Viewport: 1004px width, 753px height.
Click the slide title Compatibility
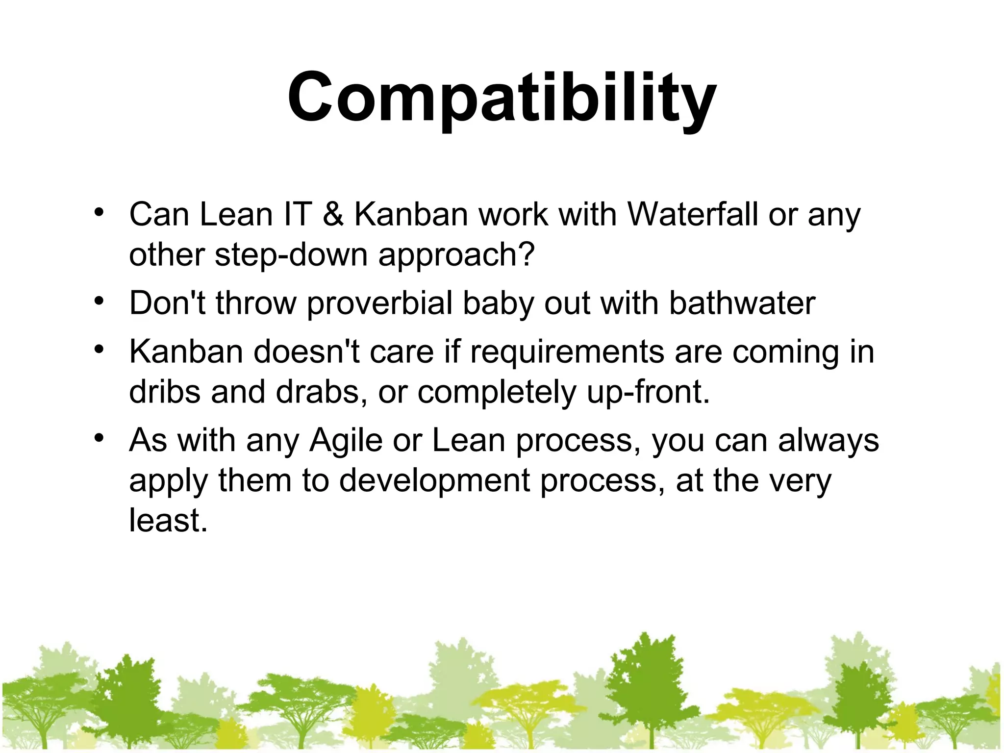pyautogui.click(x=502, y=98)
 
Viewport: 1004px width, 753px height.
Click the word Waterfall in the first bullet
pyautogui.click(x=693, y=215)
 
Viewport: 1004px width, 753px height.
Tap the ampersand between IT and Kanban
pyautogui.click(x=333, y=215)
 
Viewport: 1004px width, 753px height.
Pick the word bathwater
pyautogui.click(x=742, y=303)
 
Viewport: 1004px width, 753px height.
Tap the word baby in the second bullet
pyautogui.click(x=498, y=303)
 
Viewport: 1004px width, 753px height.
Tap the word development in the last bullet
pyautogui.click(x=434, y=480)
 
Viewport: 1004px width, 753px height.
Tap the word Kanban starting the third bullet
pyautogui.click(x=186, y=352)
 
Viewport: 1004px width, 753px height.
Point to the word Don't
pyautogui.click(x=167, y=303)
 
